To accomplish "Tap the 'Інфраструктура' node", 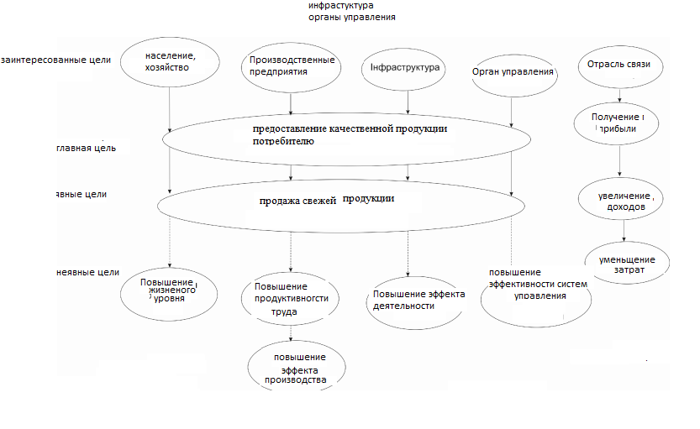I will pos(408,67).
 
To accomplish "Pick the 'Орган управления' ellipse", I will pos(513,71).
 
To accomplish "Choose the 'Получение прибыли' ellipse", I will pos(620,123).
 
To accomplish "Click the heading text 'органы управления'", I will pos(352,17).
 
